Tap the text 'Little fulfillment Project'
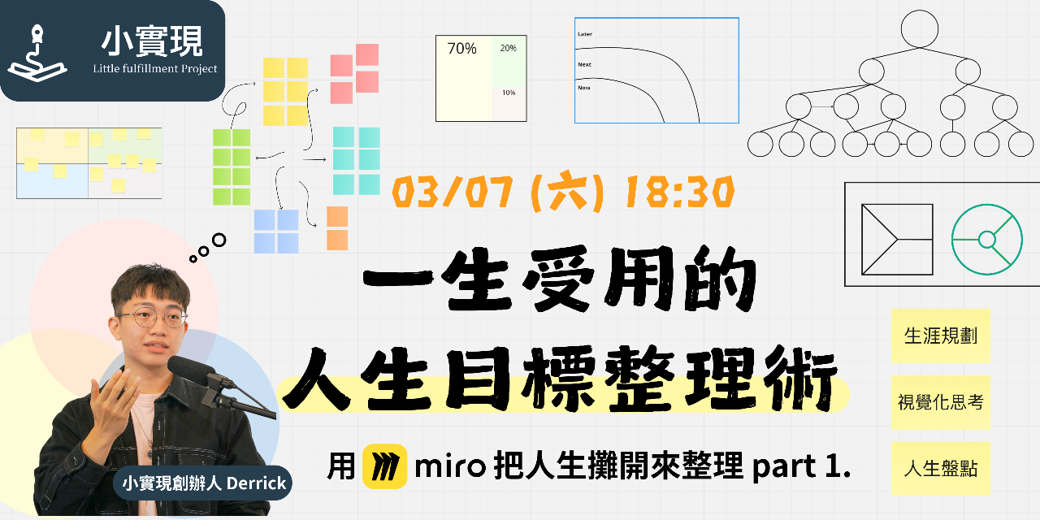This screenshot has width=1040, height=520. click(x=155, y=68)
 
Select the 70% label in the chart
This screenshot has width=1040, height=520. click(x=461, y=49)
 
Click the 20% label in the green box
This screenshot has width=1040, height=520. click(x=508, y=49)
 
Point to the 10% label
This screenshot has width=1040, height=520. click(x=508, y=93)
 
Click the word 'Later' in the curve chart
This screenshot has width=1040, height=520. click(x=584, y=34)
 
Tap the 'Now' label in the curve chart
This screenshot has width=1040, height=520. click(x=583, y=87)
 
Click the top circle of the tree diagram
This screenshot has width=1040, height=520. click(x=920, y=29)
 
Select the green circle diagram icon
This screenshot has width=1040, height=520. click(x=986, y=240)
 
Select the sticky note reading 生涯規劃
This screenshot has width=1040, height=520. click(x=941, y=336)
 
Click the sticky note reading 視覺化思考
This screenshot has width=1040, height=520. click(x=941, y=402)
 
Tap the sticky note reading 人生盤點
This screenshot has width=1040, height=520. click(x=941, y=469)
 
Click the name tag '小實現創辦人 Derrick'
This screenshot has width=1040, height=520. click(x=203, y=483)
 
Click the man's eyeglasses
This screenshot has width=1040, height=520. click(x=151, y=318)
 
